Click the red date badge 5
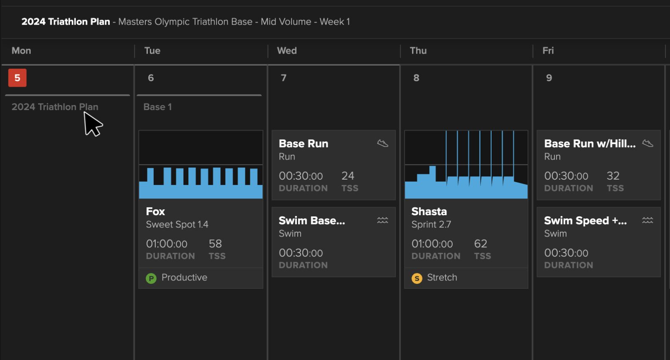point(17,78)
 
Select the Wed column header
point(287,51)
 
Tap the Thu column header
point(418,51)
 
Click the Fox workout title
point(155,211)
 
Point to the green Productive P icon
point(151,278)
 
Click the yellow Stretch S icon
point(417,278)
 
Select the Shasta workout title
point(429,211)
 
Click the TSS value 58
point(215,244)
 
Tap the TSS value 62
point(480,244)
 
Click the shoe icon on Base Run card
point(382,144)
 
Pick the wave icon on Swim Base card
point(382,220)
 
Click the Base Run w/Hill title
point(590,144)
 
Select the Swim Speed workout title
point(585,221)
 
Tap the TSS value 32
point(613,176)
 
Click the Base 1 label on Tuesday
point(157,107)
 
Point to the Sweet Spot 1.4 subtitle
point(177,224)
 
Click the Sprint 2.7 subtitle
point(431,224)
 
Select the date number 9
point(549,78)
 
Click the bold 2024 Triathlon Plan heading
point(65,22)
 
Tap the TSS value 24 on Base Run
point(348,176)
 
